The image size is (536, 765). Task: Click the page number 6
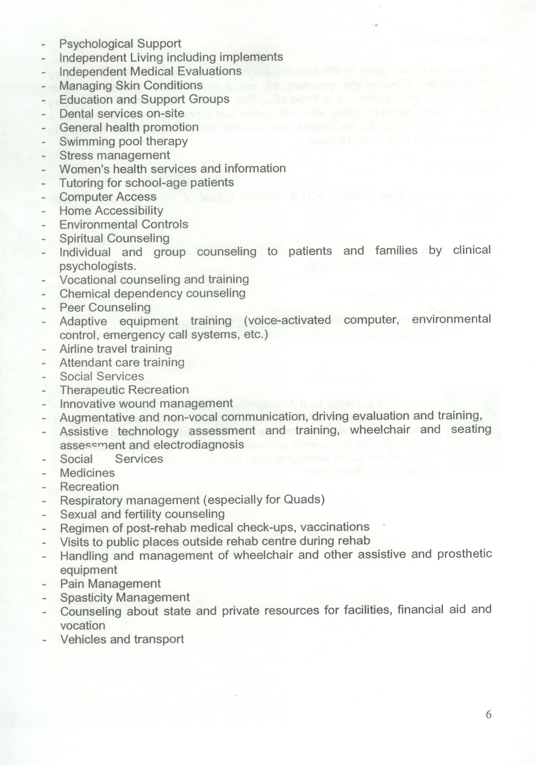pyautogui.click(x=489, y=715)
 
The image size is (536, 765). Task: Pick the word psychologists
pyautogui.click(x=98, y=266)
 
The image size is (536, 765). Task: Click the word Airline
pyautogui.click(x=74, y=349)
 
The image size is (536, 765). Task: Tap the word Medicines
pyautogui.click(x=87, y=473)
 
